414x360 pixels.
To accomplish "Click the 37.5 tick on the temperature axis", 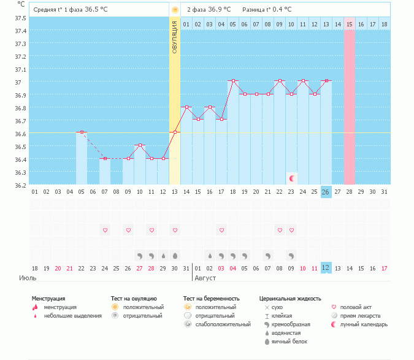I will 20,18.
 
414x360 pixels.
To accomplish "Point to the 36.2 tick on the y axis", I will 20,185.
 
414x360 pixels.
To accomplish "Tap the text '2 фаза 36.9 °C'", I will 209,9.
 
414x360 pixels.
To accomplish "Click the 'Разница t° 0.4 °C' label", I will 267,9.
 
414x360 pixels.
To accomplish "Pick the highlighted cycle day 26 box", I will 326,192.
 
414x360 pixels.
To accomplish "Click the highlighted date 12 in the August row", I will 326,268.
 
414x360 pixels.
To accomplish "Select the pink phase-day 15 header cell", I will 350,24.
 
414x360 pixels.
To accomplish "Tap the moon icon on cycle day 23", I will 292,178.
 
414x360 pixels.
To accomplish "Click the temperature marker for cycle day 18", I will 233,81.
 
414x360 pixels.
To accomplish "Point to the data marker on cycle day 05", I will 82,132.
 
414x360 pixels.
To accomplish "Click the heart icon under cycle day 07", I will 105,230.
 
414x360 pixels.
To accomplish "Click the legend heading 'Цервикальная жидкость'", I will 289,299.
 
